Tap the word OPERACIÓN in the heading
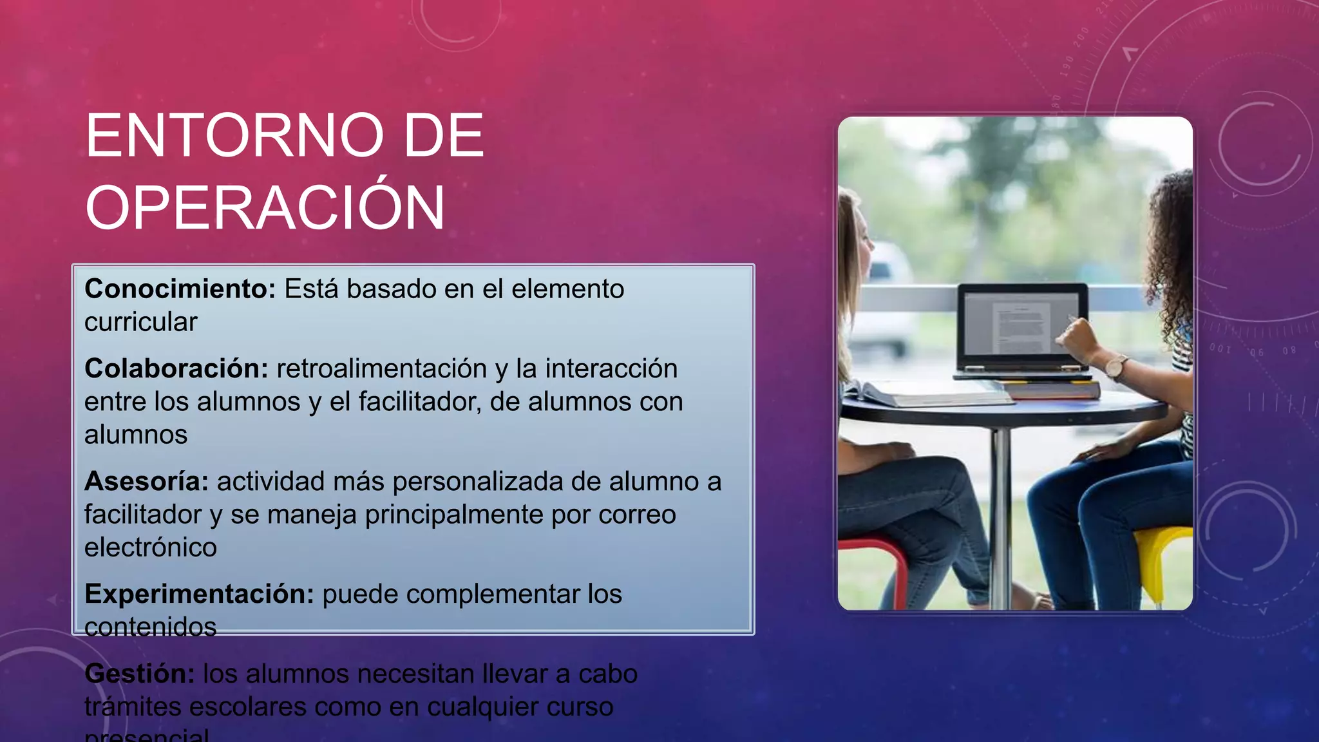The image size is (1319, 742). [x=265, y=207]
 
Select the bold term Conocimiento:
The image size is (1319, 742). [x=180, y=289]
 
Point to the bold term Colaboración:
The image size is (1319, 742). [x=176, y=369]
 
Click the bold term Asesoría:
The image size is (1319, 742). [x=146, y=482]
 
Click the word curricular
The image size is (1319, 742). [x=140, y=322]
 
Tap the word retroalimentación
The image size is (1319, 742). [x=381, y=369]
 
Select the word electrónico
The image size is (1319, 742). [x=151, y=547]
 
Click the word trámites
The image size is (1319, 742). [x=133, y=707]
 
